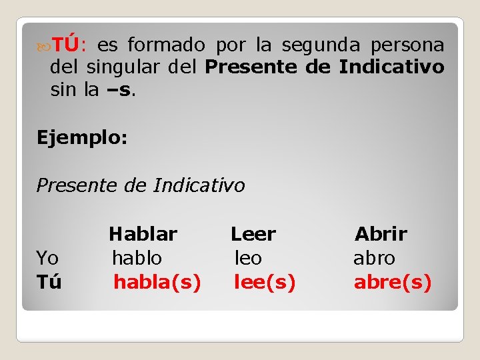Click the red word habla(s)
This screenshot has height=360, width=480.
tap(157, 283)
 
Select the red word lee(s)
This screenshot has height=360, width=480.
tap(265, 283)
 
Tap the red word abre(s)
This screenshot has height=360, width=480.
tap(393, 283)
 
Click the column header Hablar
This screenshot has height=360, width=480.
tap(143, 234)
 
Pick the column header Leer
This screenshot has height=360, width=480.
tap(253, 234)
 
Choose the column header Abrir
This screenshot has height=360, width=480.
tap(381, 234)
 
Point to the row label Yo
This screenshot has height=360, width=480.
tap(47, 258)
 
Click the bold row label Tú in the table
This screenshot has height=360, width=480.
tap(49, 283)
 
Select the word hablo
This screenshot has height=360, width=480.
tap(137, 258)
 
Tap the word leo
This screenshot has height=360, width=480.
tap(248, 258)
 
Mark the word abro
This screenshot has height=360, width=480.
tap(374, 258)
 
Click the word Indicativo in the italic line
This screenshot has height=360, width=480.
tap(199, 185)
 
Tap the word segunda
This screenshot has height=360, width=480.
tap(321, 45)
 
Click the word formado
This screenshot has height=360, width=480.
tap(166, 45)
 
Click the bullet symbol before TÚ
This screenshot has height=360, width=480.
tap(44, 46)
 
